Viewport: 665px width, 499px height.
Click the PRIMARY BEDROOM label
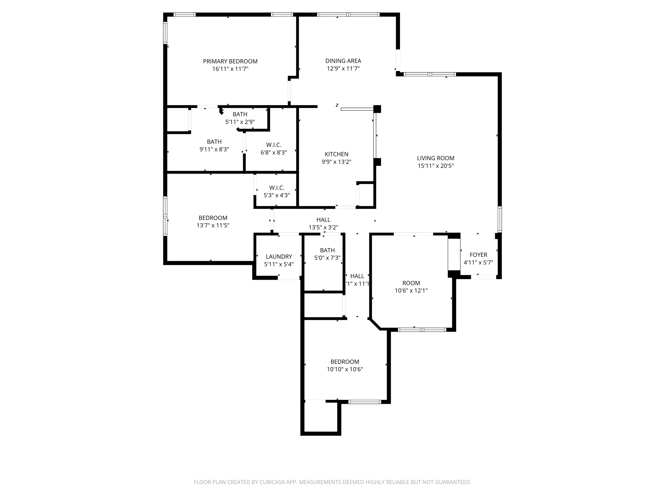coord(230,61)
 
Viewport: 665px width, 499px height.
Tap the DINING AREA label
coord(343,61)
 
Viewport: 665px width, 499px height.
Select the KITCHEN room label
coord(336,154)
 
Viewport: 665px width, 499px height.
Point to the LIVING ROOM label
coord(435,158)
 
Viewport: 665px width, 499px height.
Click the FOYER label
coord(478,255)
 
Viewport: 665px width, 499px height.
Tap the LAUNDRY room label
coord(279,257)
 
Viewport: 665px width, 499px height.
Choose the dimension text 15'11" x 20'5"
coord(435,166)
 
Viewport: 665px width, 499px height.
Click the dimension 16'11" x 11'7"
coord(230,69)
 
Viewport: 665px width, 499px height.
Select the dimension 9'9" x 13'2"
coord(336,162)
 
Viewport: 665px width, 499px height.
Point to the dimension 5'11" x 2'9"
coord(240,122)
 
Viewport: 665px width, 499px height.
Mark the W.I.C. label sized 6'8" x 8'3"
coord(273,145)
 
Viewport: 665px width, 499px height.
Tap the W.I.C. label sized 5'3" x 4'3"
coord(277,188)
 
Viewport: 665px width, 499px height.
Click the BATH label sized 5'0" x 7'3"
coord(327,250)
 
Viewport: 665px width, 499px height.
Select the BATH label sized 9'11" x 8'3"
coord(214,142)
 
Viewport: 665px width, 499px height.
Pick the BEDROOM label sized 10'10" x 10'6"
coord(345,362)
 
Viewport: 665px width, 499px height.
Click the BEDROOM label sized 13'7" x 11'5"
coord(213,218)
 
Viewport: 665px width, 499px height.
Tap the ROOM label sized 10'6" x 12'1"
coord(411,283)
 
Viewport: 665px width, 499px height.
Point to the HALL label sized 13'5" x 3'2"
coord(323,220)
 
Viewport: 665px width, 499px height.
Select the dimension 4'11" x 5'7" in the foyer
coord(478,262)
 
